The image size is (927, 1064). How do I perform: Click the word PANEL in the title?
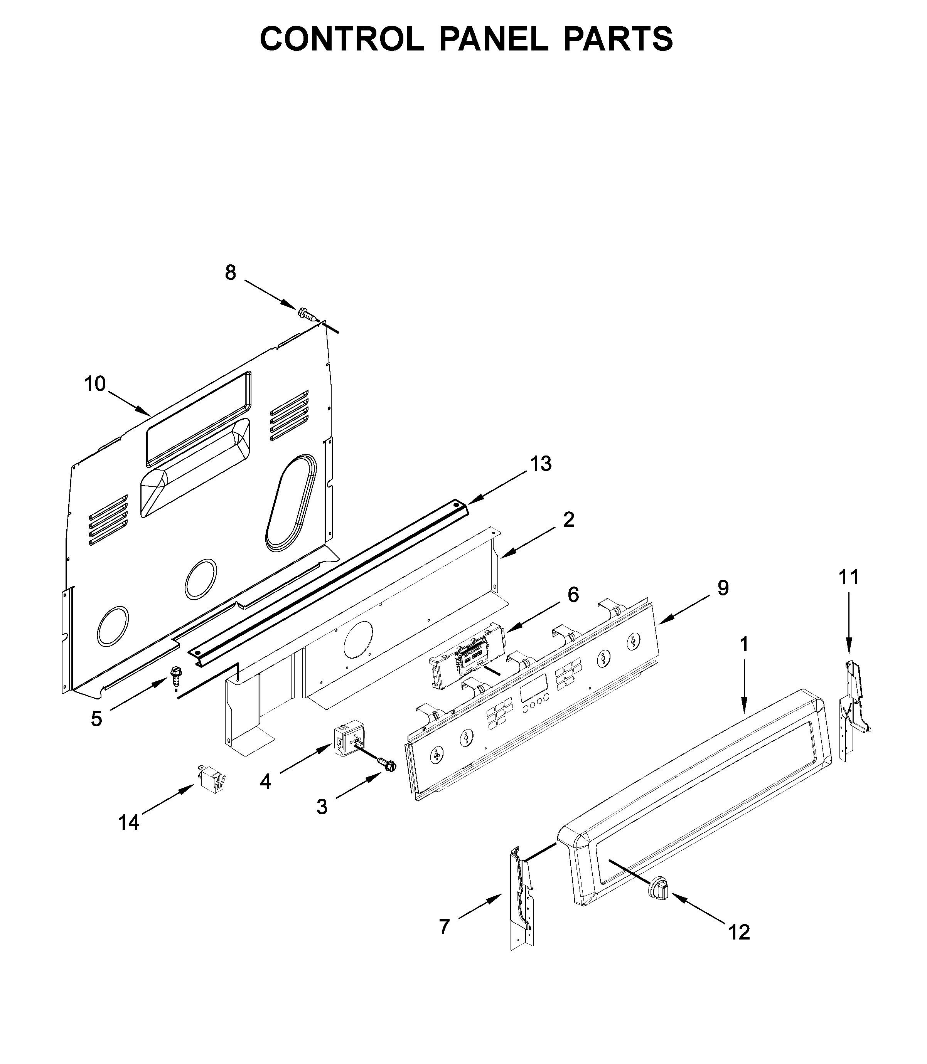[494, 39]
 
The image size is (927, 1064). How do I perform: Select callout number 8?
[230, 272]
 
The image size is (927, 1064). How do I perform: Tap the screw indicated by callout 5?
[175, 675]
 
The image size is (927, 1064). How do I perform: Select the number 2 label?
[568, 519]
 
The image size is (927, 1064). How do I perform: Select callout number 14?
[129, 822]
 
